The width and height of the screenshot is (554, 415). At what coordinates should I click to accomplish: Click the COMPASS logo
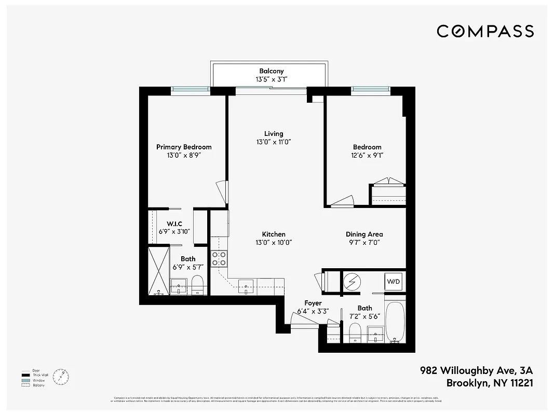[x=485, y=31]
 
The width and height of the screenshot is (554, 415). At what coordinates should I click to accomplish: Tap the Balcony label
[x=272, y=71]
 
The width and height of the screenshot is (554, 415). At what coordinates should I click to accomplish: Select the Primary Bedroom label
[x=184, y=147]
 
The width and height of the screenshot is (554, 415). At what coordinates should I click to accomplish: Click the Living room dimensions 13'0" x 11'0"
[x=274, y=142]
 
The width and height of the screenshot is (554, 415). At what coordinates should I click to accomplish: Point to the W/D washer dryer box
[x=393, y=282]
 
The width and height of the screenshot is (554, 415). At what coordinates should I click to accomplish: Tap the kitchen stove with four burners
[x=219, y=258]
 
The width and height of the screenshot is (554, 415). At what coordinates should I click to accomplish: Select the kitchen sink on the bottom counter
[x=246, y=285]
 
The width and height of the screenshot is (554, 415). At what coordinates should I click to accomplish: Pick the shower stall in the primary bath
[x=158, y=271]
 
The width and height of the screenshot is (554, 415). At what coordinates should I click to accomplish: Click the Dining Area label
[x=364, y=234]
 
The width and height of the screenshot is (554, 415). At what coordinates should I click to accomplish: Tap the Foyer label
[x=313, y=303]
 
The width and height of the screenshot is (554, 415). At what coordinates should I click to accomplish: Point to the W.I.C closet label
[x=174, y=224]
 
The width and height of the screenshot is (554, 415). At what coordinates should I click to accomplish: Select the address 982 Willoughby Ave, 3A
[x=477, y=371]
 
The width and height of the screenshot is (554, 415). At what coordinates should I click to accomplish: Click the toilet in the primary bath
[x=197, y=285]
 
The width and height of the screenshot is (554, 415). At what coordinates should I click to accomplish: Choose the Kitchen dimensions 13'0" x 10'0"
[x=274, y=242]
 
